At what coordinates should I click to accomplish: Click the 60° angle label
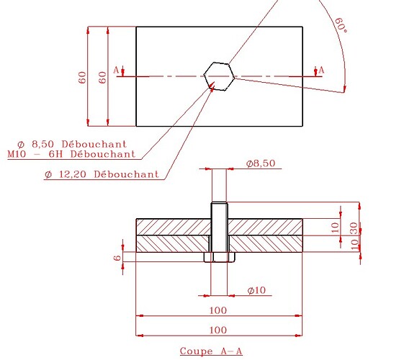(341, 25)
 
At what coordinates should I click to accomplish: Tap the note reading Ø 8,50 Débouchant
(72, 145)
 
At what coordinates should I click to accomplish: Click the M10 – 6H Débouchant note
(71, 154)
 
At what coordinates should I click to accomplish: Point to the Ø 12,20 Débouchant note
(102, 174)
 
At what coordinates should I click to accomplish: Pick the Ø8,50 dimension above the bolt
(261, 163)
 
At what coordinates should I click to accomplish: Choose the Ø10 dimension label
(256, 290)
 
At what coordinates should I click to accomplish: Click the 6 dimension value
(117, 257)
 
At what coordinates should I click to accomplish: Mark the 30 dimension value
(354, 228)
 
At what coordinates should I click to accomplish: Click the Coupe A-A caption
(211, 351)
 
